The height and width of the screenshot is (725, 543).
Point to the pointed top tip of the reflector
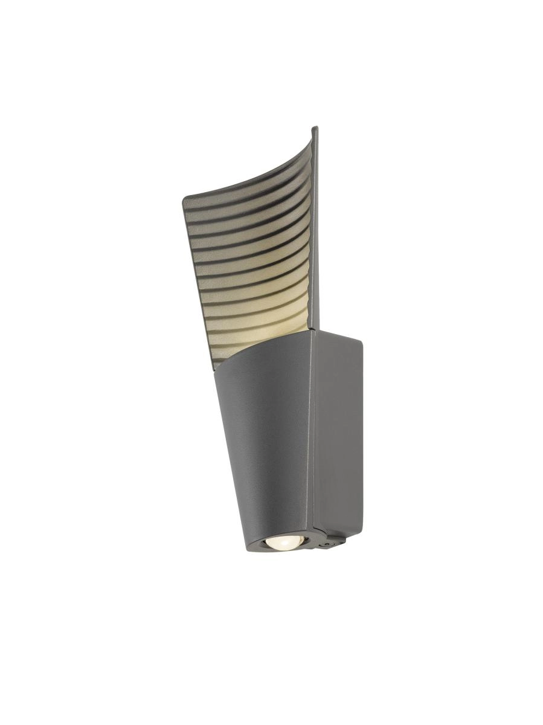point(315,128)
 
